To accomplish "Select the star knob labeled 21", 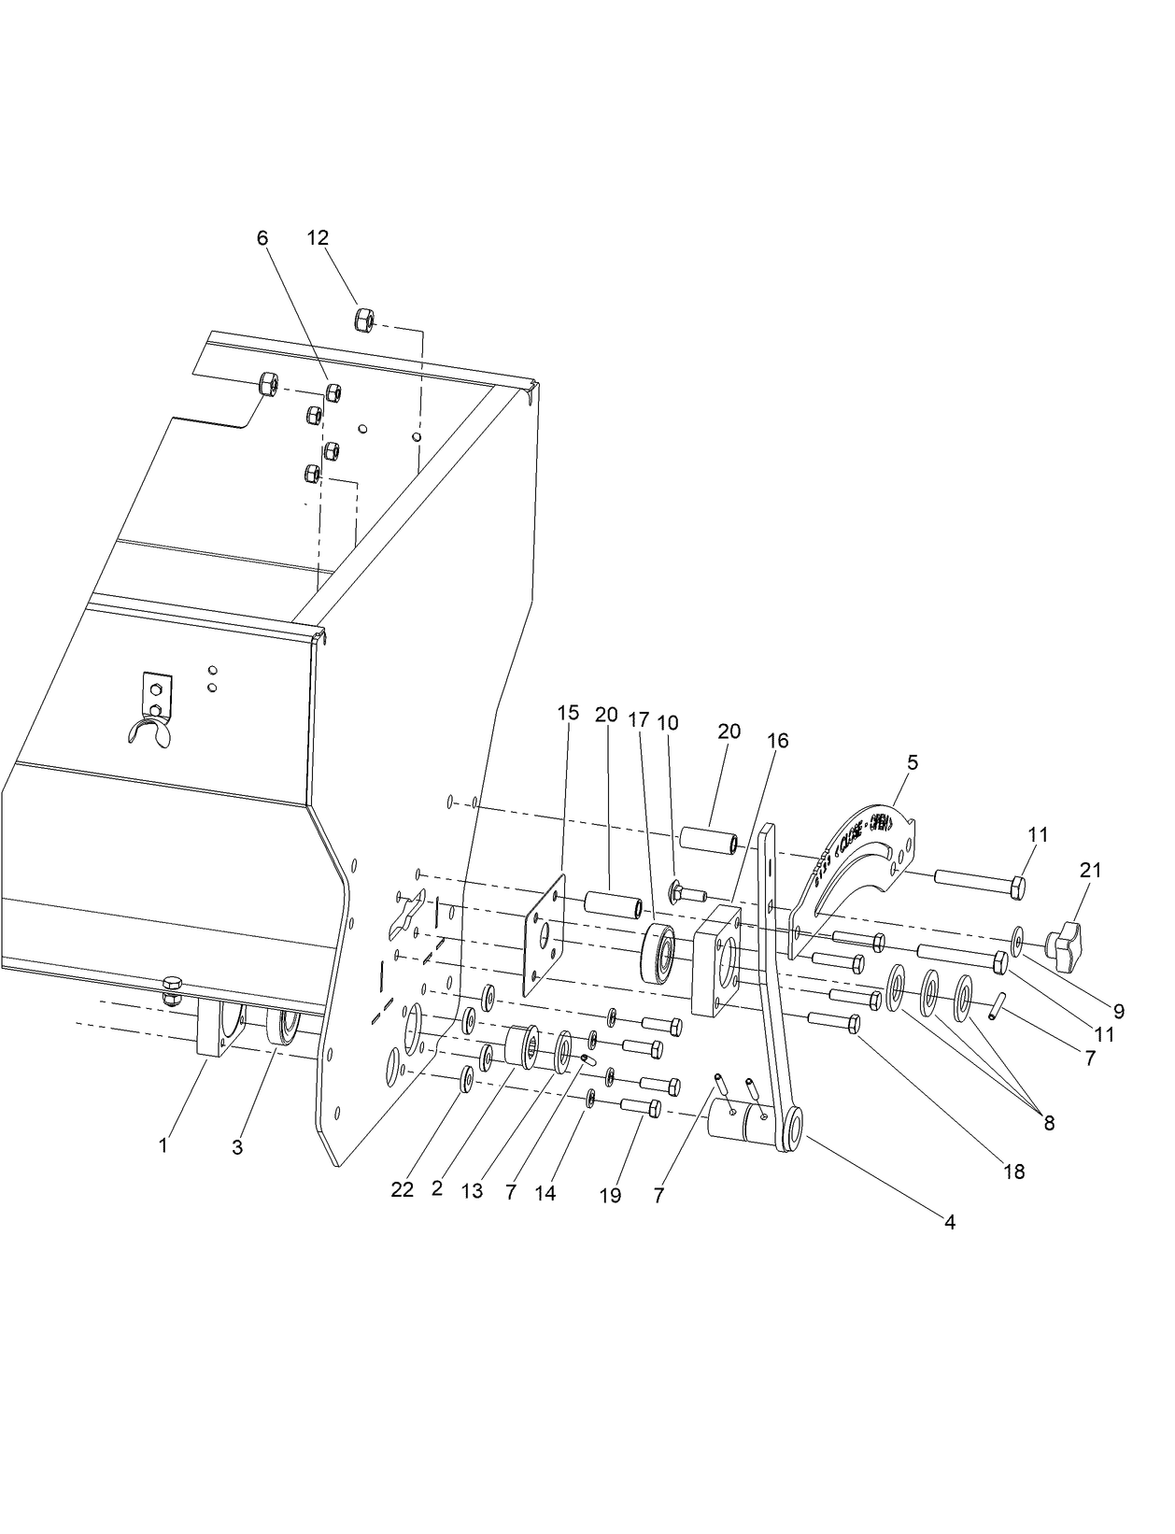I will coord(1066,935).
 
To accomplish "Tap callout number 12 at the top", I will coord(318,238).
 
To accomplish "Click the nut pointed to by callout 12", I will coord(364,320).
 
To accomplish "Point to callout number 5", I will coord(912,762).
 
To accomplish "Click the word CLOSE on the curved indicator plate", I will coord(856,836).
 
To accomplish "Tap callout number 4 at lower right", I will coord(949,1221).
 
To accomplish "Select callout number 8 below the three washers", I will coord(1048,1123).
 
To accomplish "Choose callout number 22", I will coord(402,1190).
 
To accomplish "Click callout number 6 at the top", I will coord(262,238).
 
